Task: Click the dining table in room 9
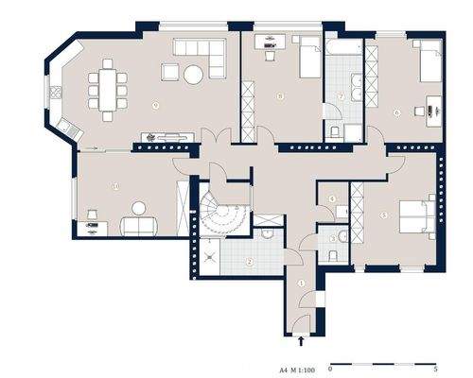107,87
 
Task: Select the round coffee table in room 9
193,73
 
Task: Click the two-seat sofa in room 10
139,224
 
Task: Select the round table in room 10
139,207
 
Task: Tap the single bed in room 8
309,62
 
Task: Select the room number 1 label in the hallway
301,283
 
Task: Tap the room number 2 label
248,262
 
